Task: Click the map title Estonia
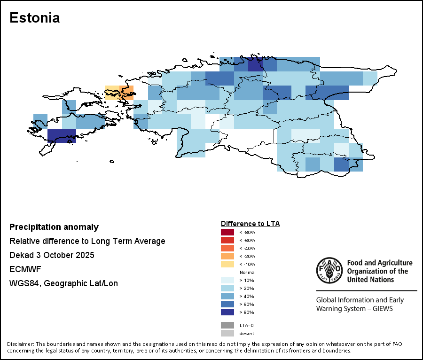tap(34, 18)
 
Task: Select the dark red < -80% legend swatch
tap(227, 232)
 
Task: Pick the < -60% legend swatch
tap(227, 240)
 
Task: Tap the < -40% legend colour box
tap(227, 248)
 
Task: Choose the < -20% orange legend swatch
tap(227, 256)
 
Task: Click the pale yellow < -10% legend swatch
tap(227, 264)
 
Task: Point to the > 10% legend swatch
tap(227, 280)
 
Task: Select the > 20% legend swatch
tap(227, 288)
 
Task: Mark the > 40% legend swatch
tap(227, 296)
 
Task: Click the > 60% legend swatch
tap(227, 304)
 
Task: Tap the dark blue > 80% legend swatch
tap(227, 312)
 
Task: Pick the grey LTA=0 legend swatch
tap(227, 325)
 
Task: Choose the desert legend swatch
tap(227, 333)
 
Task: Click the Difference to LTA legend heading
tap(250, 224)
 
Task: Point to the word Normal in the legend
tap(247, 273)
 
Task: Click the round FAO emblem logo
tap(329, 271)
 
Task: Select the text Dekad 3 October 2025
tap(52, 255)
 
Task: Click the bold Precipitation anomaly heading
tap(54, 227)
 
